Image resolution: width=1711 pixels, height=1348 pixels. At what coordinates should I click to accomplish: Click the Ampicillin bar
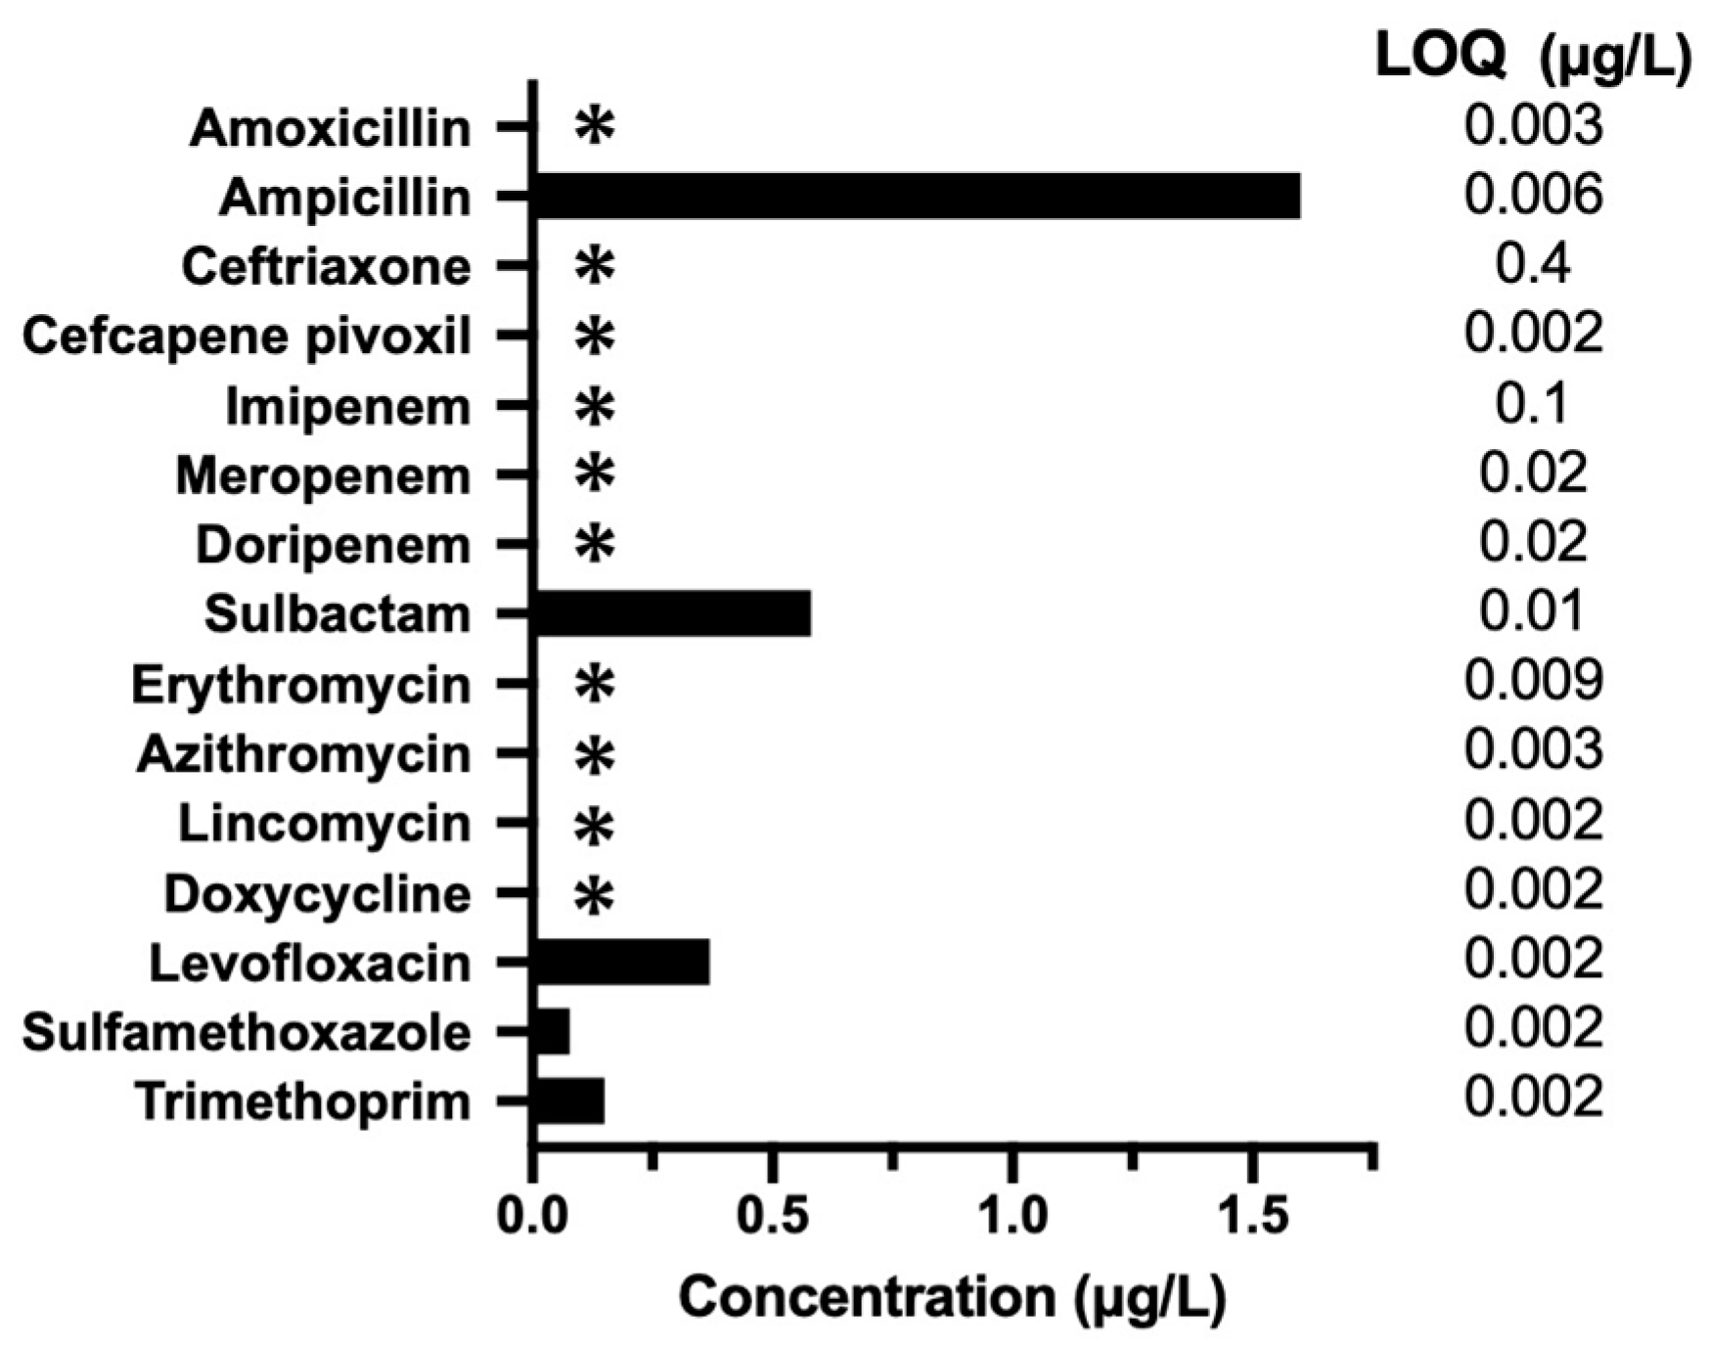coord(918,197)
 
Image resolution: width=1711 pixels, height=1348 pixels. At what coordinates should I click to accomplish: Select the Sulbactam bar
coord(672,614)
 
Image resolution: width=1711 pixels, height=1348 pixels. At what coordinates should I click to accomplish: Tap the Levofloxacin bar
coord(621,963)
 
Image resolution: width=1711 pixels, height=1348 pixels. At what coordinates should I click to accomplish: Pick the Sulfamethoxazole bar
coord(552,1032)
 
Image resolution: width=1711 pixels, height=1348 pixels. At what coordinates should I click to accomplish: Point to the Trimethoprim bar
coord(569,1101)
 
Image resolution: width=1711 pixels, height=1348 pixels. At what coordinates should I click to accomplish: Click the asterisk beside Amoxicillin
coord(594,126)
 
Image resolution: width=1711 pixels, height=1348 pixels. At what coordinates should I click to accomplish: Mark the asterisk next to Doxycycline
coord(594,894)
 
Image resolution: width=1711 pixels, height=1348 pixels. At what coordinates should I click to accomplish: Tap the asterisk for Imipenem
coord(594,406)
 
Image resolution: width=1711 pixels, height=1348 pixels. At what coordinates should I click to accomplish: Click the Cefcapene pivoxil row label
coord(247,337)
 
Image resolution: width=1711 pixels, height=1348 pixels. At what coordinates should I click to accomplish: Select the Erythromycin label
coord(301,685)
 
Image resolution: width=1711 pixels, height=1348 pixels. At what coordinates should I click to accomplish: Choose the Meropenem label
coord(323,476)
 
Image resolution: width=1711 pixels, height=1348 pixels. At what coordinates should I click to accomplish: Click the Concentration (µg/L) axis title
coord(952,1298)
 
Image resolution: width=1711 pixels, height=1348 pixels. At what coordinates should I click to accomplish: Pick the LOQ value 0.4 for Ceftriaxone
coord(1533,264)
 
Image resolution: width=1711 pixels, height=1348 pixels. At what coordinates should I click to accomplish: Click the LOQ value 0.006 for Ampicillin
coord(1533,195)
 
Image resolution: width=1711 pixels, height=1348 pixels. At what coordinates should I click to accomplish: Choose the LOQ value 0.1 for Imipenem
coord(1533,404)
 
